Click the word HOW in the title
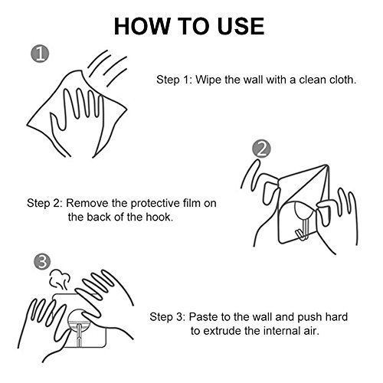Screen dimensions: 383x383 (x=142, y=26)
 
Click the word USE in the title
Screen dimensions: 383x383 (x=241, y=26)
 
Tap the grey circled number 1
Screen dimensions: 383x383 (x=40, y=54)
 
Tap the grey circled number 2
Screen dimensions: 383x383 (x=261, y=149)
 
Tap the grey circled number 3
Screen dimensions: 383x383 (x=42, y=261)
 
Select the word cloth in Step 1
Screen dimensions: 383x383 (x=343, y=80)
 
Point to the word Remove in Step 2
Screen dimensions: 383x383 (x=87, y=203)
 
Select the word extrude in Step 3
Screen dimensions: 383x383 (x=222, y=331)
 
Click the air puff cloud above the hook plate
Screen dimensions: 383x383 (x=59, y=280)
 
